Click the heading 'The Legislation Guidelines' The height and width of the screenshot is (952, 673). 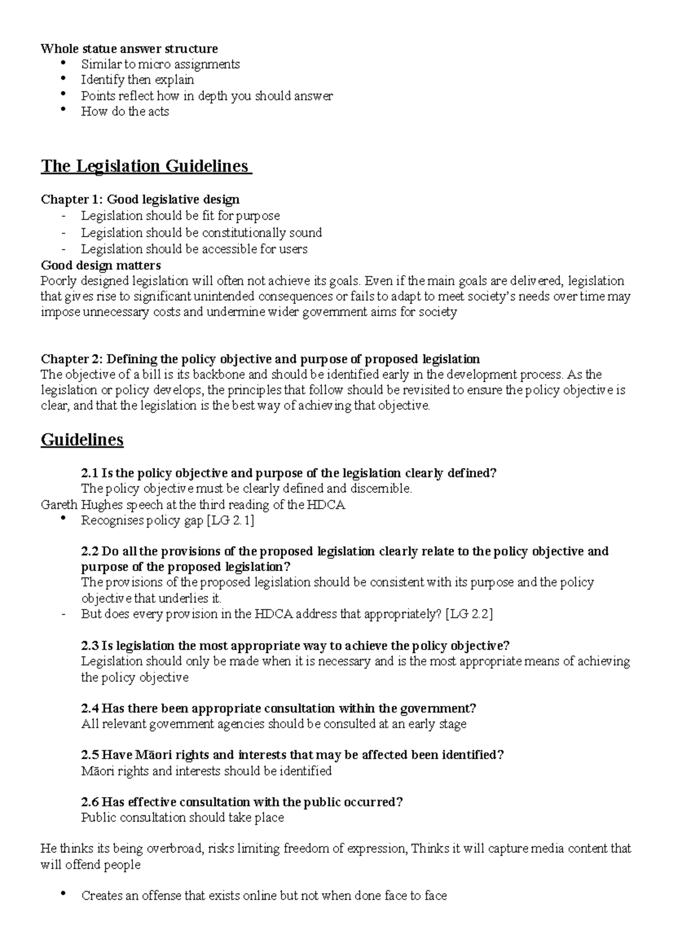pyautogui.click(x=145, y=167)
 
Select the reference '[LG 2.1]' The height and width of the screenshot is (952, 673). pyautogui.click(x=231, y=520)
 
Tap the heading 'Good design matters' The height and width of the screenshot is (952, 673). pyautogui.click(x=101, y=265)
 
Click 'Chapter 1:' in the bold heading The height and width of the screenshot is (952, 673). pyautogui.click(x=72, y=199)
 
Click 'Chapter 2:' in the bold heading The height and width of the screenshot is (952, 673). pyautogui.click(x=72, y=359)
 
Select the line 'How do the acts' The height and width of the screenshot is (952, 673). pyautogui.click(x=125, y=111)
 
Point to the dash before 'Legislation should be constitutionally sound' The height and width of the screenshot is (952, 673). pyautogui.click(x=64, y=233)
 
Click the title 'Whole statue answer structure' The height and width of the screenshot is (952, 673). pyautogui.click(x=129, y=48)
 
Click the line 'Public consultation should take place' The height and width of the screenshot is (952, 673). pyautogui.click(x=182, y=817)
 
